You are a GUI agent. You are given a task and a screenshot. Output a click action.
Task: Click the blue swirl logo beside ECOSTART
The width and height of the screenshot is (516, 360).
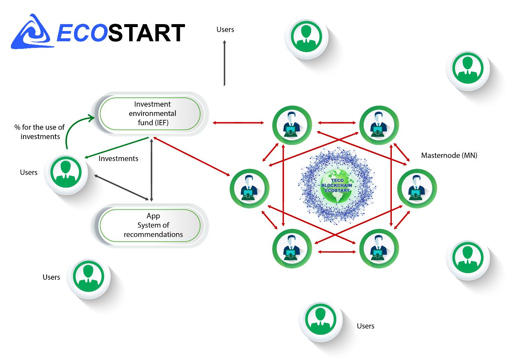[x=32, y=32]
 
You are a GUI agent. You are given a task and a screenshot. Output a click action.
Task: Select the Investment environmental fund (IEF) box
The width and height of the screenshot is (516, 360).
[x=150, y=114]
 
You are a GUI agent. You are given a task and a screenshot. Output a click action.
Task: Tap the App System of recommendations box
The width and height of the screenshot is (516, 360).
[x=150, y=225]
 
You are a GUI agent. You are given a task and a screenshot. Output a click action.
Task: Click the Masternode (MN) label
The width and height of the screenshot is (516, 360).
[x=449, y=155]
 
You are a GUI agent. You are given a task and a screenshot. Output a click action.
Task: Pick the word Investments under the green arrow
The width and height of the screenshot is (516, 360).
[x=118, y=159]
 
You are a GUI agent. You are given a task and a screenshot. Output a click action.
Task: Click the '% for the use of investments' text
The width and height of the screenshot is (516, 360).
[x=40, y=132]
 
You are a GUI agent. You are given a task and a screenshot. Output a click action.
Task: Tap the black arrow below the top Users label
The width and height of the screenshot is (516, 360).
[x=224, y=63]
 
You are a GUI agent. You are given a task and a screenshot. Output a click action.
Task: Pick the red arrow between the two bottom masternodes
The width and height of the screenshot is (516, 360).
[x=337, y=252]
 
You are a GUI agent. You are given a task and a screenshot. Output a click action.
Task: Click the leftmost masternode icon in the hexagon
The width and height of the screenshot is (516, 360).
[x=249, y=189]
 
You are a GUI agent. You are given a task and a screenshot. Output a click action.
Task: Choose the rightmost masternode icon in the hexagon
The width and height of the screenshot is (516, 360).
[x=417, y=189]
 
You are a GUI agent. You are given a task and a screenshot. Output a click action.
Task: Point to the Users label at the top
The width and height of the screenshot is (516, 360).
[x=225, y=29]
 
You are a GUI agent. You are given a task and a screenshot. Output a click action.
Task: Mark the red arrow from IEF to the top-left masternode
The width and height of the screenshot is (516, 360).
[x=238, y=123]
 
